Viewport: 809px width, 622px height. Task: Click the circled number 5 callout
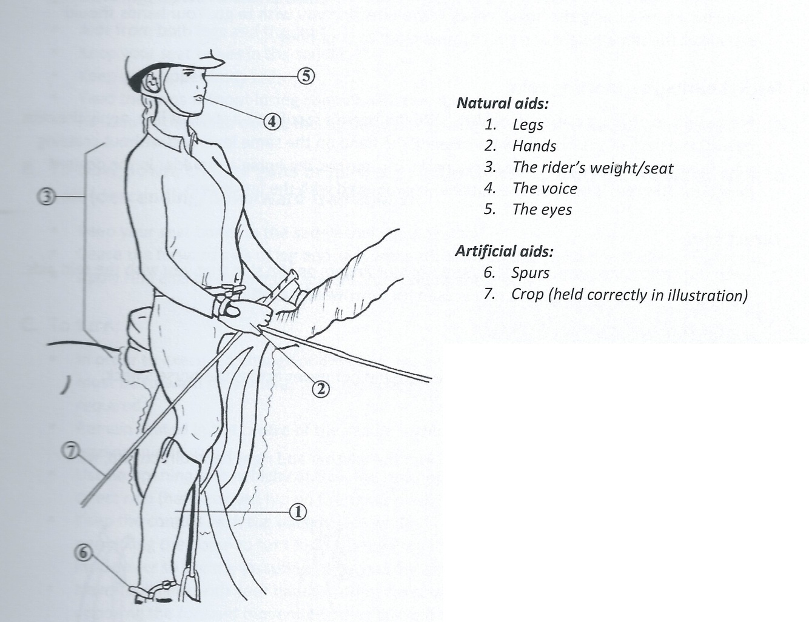point(306,76)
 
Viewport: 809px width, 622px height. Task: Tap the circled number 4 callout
point(273,121)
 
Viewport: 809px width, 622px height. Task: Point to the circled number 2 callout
point(320,388)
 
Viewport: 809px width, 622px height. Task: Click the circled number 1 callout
point(298,512)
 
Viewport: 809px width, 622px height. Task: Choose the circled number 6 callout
point(82,550)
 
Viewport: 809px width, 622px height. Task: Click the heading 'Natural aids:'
point(502,103)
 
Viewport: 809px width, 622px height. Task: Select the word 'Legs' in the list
point(528,125)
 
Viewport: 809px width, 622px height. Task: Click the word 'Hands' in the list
point(534,146)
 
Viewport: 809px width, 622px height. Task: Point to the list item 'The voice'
point(545,189)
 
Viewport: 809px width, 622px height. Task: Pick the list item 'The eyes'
point(542,210)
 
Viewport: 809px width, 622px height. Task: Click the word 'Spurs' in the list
point(531,273)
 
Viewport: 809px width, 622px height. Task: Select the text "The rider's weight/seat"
point(592,167)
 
